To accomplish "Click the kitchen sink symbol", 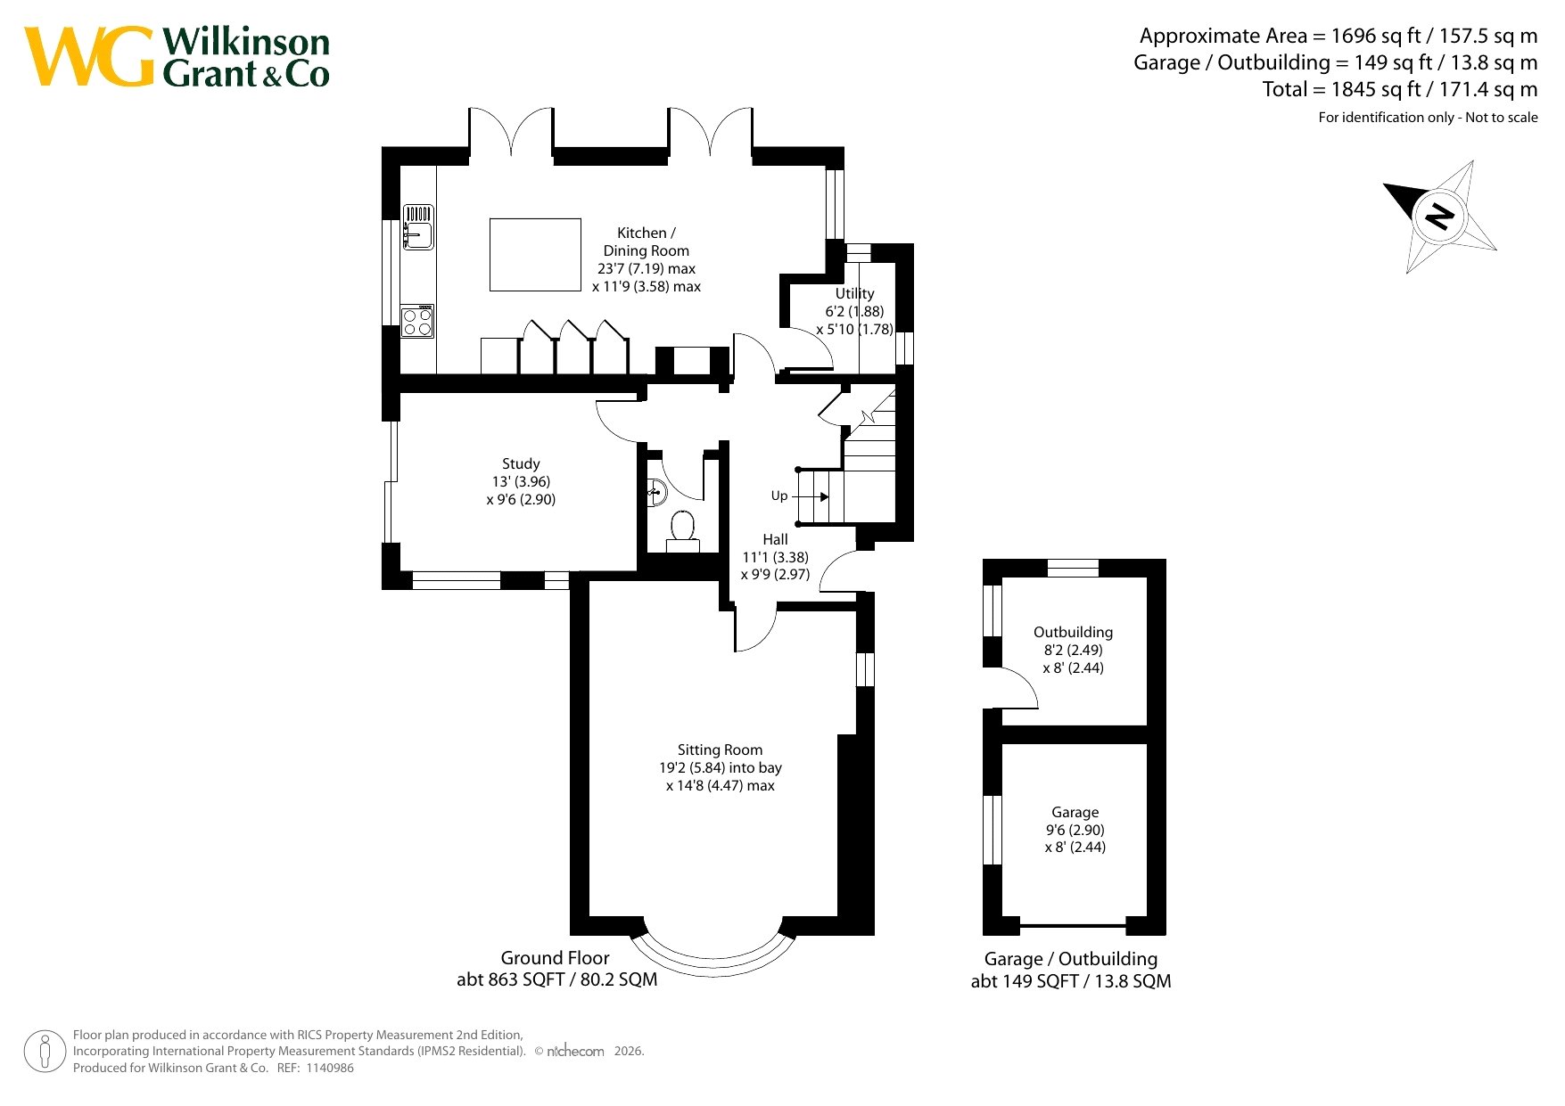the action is pyautogui.click(x=418, y=226).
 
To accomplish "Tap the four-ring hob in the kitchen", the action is pyautogui.click(x=417, y=322).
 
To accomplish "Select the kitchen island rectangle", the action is pyautogui.click(x=535, y=255).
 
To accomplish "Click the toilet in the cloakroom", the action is pyautogui.click(x=683, y=531).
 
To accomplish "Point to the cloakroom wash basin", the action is pyautogui.click(x=656, y=491).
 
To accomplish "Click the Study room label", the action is pyautogui.click(x=521, y=463).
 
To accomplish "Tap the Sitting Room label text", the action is pyautogui.click(x=720, y=750).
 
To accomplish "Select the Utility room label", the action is pyautogui.click(x=854, y=293).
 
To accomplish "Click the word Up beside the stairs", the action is pyautogui.click(x=779, y=496).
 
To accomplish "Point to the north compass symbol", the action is pyautogui.click(x=1439, y=217).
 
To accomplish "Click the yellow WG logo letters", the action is pyautogui.click(x=89, y=56).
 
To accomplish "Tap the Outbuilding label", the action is pyautogui.click(x=1073, y=632).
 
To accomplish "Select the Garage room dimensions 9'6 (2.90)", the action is pyautogui.click(x=1075, y=830).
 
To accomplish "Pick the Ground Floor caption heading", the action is pyautogui.click(x=555, y=958).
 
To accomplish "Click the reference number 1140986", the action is pyautogui.click(x=329, y=1068).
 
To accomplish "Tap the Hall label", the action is pyautogui.click(x=775, y=539).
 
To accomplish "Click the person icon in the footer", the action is pyautogui.click(x=45, y=1051).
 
